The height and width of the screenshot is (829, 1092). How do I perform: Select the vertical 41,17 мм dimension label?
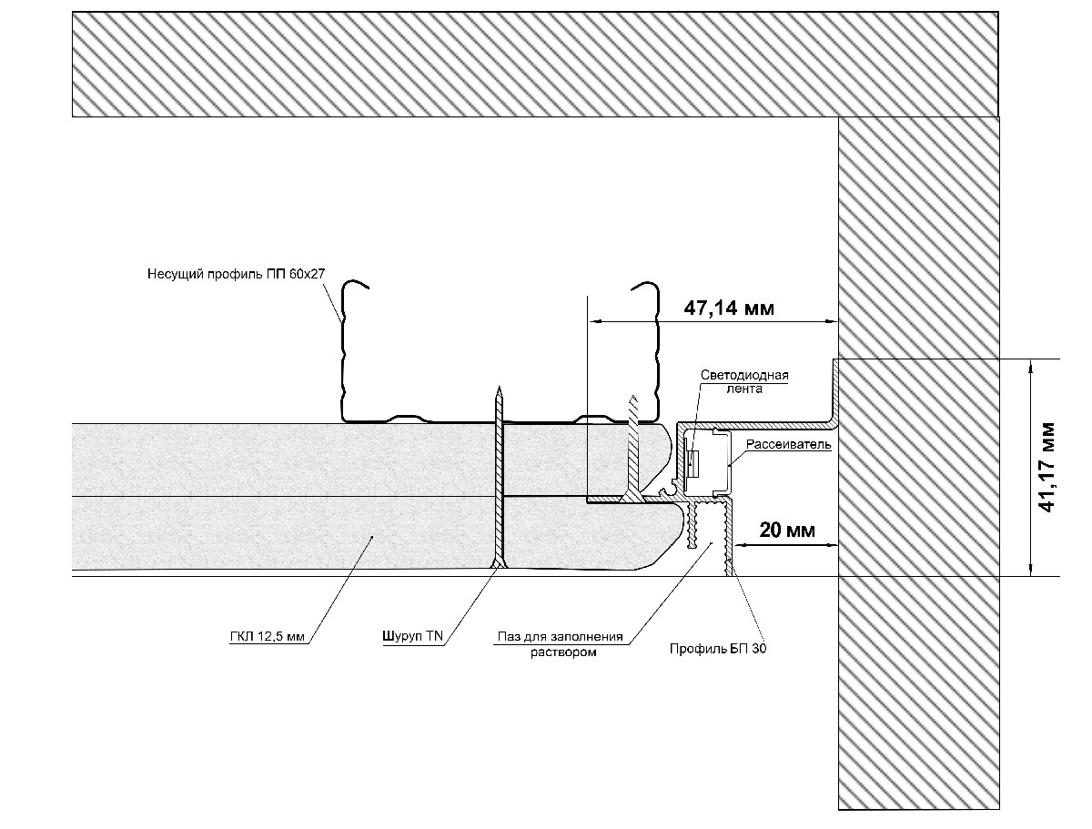click(1049, 467)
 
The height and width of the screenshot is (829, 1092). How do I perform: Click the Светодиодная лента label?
click(743, 381)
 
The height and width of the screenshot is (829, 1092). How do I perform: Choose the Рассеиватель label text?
click(788, 445)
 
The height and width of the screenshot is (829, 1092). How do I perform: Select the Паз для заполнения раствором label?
click(561, 643)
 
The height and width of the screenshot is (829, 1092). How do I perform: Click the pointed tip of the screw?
click(498, 389)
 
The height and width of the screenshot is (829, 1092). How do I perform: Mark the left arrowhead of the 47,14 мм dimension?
click(592, 320)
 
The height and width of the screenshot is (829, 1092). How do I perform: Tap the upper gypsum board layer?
click(273, 460)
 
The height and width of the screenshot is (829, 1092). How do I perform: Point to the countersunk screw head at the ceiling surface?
click(497, 566)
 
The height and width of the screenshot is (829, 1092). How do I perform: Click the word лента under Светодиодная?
click(743, 389)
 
